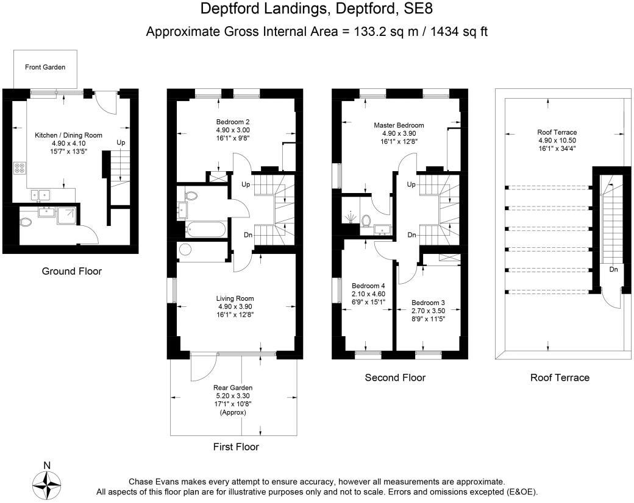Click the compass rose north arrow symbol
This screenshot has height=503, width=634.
[47, 485]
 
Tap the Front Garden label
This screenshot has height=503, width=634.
[45, 67]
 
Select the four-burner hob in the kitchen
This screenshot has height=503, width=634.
[20, 167]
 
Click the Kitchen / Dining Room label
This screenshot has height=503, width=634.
[68, 135]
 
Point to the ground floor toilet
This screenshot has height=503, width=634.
[26, 222]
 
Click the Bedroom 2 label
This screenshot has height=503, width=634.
[232, 122]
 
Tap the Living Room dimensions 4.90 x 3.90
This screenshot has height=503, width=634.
[235, 307]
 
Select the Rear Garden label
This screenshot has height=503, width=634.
[233, 388]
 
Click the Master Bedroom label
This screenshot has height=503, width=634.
[399, 125]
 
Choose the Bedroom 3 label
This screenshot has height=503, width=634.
[428, 303]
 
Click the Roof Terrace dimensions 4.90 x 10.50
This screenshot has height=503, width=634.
[557, 140]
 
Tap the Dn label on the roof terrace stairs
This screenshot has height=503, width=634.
[613, 270]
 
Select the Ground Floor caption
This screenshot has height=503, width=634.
[71, 271]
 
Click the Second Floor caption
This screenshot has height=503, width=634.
[395, 378]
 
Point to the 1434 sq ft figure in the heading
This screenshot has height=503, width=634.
[459, 32]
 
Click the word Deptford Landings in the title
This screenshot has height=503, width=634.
[263, 9]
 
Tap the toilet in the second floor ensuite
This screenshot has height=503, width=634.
[366, 220]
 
